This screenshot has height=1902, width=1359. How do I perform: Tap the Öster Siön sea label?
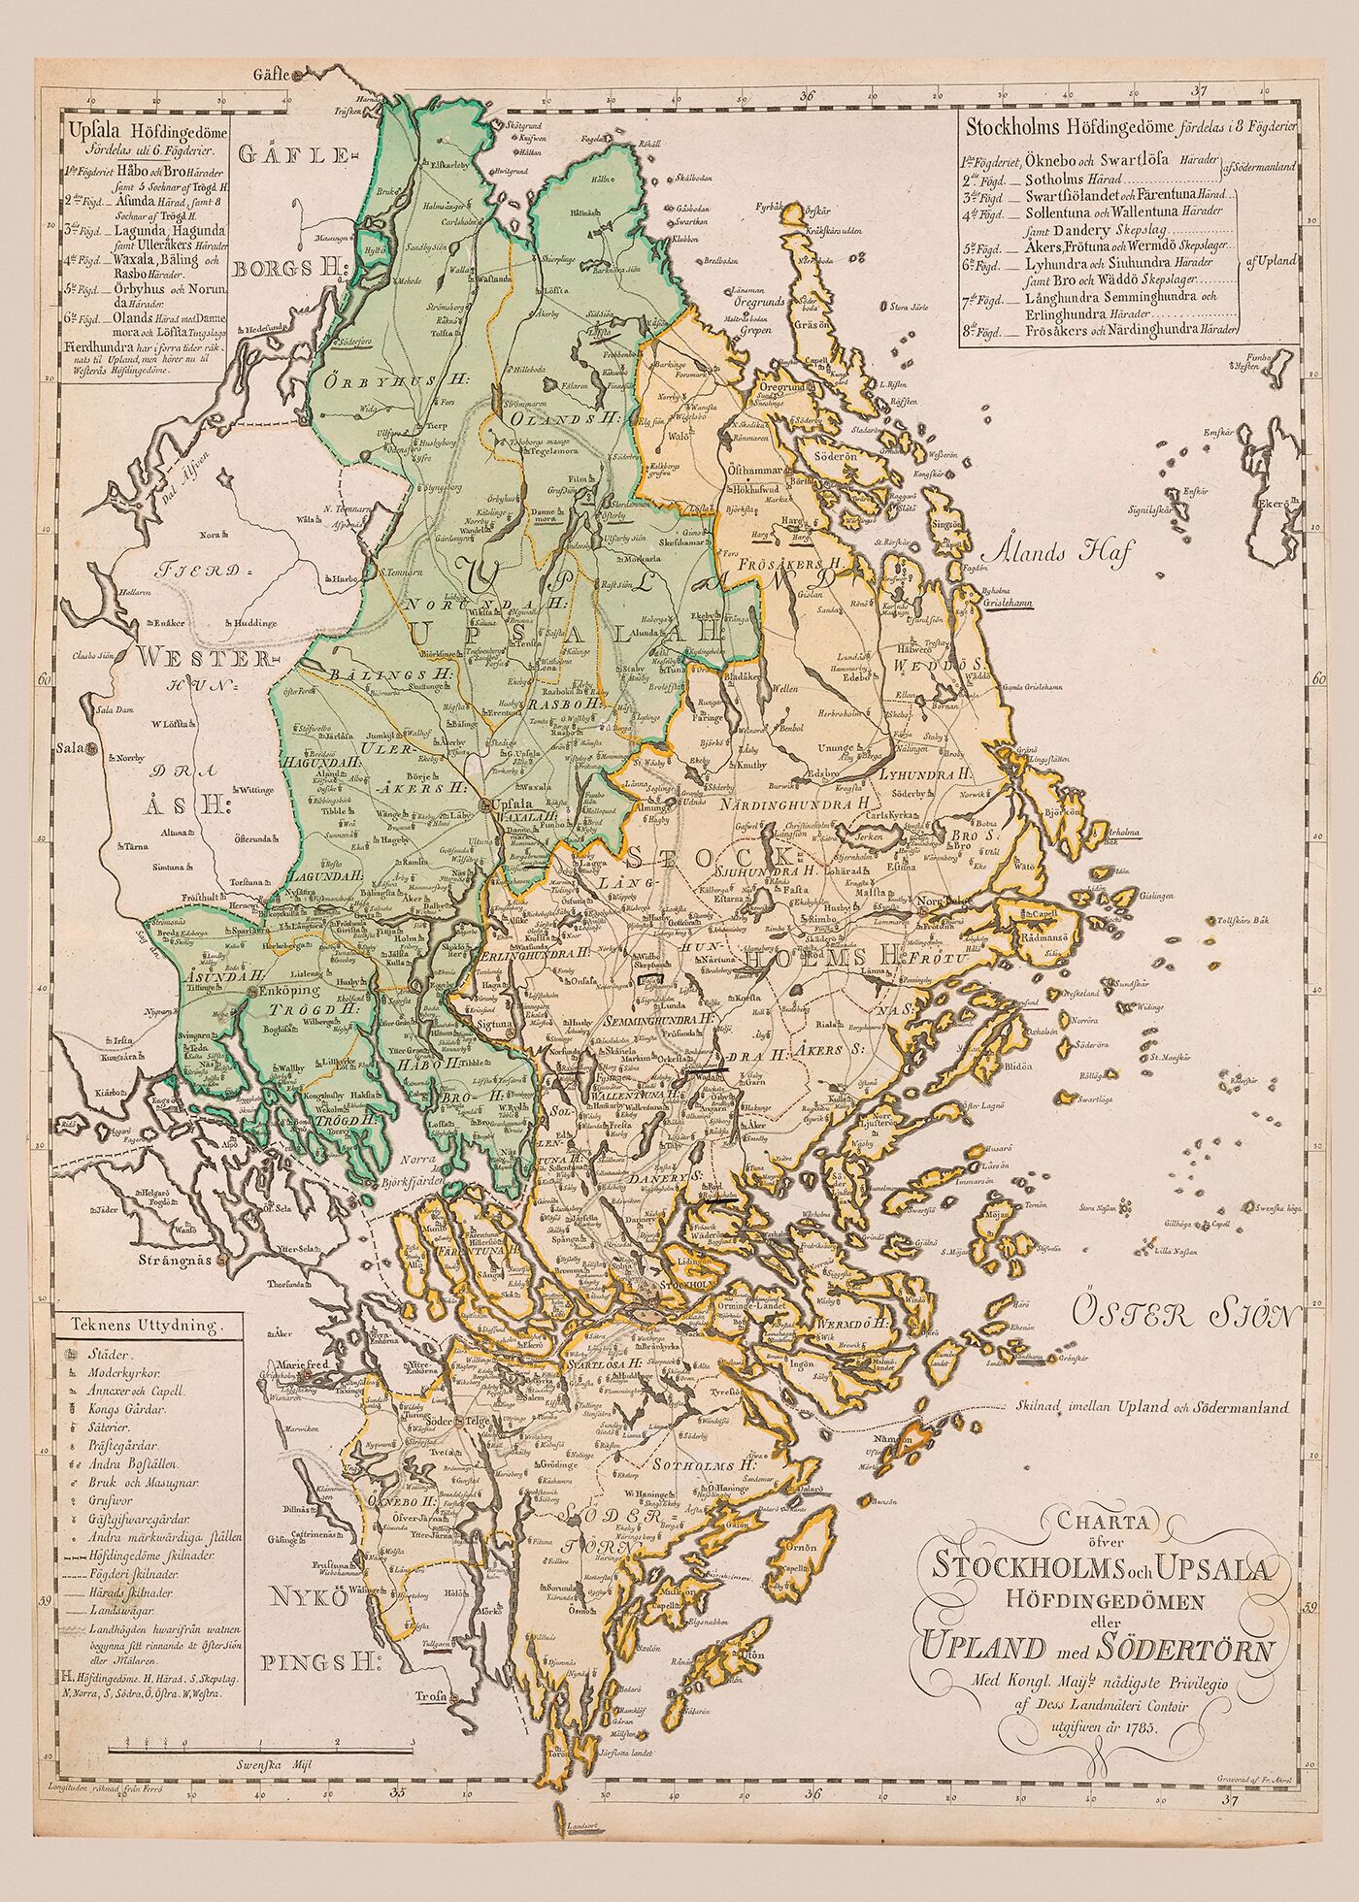click(1183, 1317)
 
